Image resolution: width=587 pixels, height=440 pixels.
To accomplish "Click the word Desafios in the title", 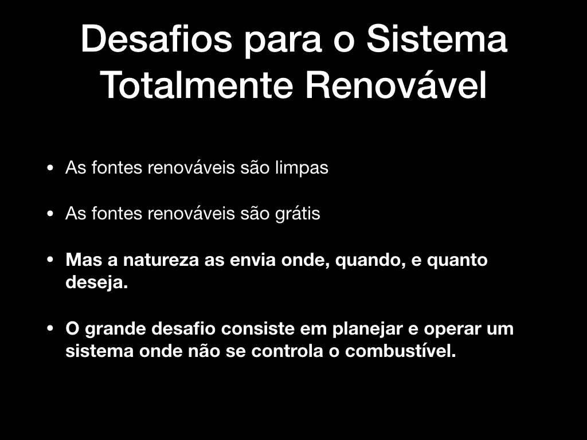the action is (156, 39).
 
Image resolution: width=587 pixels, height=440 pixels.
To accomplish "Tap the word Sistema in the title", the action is (437, 39).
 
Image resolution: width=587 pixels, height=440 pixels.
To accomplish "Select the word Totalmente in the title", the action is (197, 85).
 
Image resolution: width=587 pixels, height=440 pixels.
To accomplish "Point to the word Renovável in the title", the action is (396, 85).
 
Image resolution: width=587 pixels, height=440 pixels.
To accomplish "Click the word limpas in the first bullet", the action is (302, 168).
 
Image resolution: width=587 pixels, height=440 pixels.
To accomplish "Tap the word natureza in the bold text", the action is (161, 260).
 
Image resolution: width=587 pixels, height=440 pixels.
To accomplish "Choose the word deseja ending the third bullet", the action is (97, 282).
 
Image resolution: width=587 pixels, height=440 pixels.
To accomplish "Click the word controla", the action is (287, 351).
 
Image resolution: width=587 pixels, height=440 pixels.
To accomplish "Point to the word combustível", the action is (401, 351).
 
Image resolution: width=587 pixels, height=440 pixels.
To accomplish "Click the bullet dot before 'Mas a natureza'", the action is (50, 260).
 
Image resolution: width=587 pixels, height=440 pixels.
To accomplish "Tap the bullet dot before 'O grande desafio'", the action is (50, 328).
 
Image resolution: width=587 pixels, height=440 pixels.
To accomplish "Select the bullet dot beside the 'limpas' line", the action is (50, 168).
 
